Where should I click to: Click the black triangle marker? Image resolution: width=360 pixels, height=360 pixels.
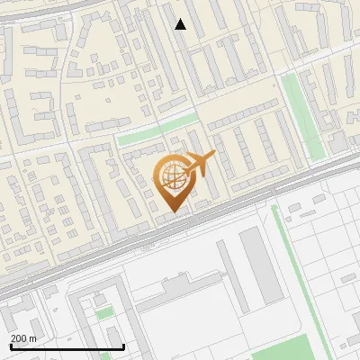tap(180, 24)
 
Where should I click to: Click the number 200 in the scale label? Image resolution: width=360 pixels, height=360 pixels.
tap(19, 338)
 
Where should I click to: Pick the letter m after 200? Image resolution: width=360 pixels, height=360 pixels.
tap(33, 338)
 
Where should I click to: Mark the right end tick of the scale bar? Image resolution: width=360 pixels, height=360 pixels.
tap(123, 346)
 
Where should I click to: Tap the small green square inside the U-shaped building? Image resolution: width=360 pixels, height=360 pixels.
tap(104, 313)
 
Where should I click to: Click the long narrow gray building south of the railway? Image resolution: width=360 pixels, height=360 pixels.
tap(257, 265)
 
